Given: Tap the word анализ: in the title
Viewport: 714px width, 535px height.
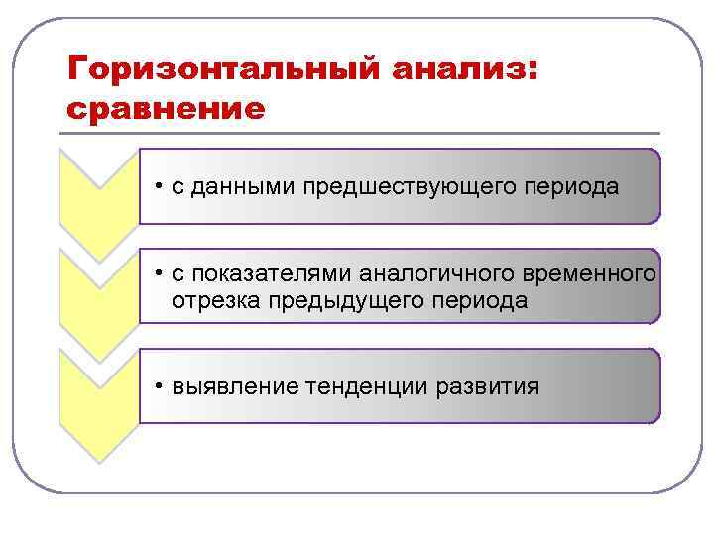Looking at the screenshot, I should point(465,70).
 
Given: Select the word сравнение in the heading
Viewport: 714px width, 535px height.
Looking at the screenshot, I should point(166,107).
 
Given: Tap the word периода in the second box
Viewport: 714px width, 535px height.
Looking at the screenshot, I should point(484,300).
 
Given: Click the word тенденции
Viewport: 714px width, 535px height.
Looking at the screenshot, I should point(367,386).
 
